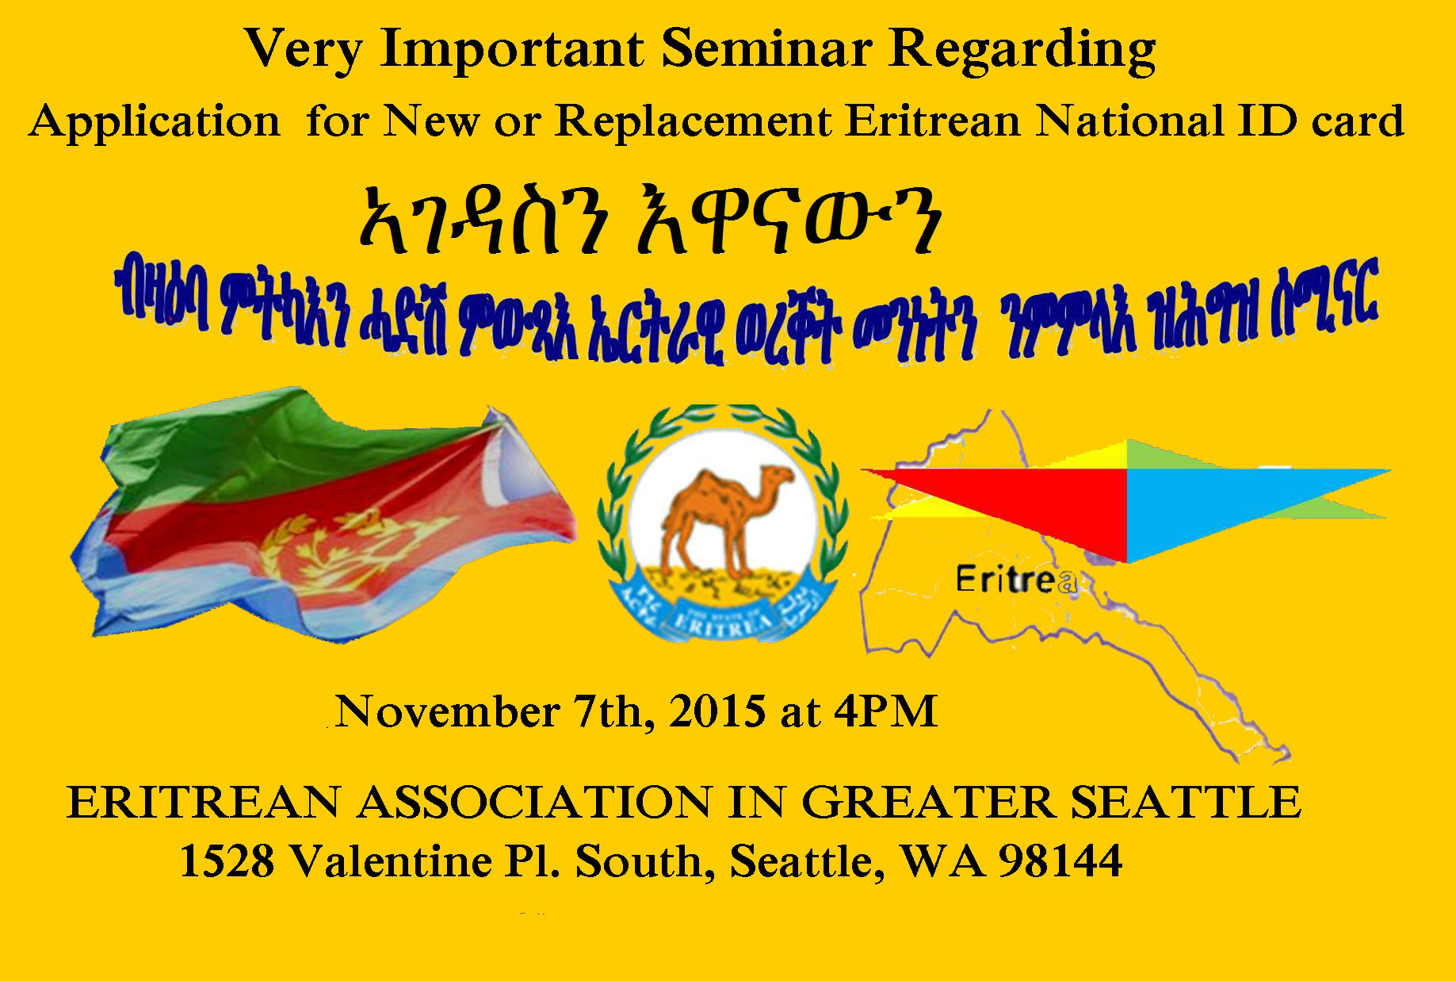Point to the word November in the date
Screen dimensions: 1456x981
click(x=446, y=711)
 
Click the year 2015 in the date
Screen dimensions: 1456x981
click(x=716, y=711)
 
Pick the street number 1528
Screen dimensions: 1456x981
click(x=227, y=861)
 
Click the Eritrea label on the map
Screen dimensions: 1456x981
click(x=1015, y=581)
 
